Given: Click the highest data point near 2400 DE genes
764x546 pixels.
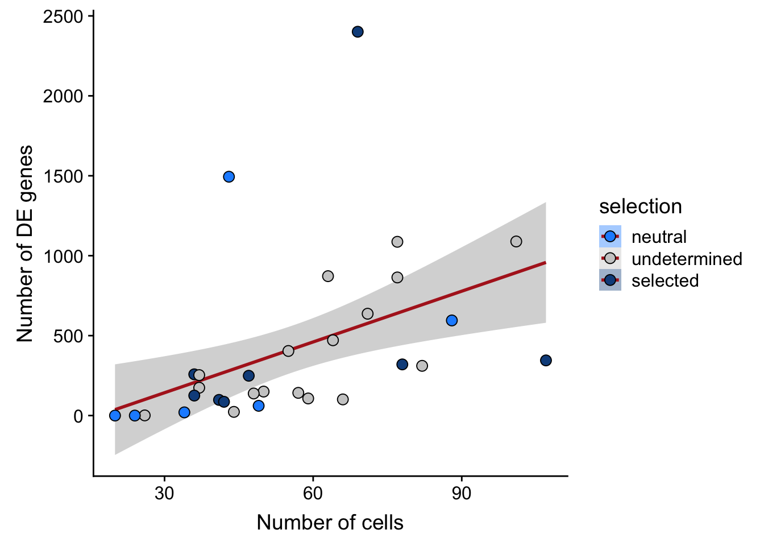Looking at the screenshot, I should [x=358, y=32].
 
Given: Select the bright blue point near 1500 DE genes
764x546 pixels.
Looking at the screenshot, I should [x=229, y=177].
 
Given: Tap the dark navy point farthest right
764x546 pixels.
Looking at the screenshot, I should [x=546, y=361].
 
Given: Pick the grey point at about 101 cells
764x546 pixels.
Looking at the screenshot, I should [x=516, y=242].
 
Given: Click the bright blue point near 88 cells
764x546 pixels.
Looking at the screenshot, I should [x=452, y=321].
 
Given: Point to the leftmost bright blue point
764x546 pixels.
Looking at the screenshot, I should [x=115, y=416].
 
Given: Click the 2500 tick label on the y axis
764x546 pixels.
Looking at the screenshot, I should [x=63, y=17].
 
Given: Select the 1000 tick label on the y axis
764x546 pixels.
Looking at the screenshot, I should [x=63, y=257].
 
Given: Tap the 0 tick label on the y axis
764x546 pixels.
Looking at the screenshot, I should [x=78, y=416].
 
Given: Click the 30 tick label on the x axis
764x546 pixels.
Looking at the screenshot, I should [x=164, y=493].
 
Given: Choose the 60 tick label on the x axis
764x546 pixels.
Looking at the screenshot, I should [x=313, y=493].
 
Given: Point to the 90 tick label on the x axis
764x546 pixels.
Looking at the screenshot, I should [x=461, y=493].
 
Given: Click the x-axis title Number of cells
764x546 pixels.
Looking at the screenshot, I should [x=330, y=522].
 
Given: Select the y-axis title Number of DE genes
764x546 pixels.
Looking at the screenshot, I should [x=24, y=244].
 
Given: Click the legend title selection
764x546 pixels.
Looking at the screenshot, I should [x=640, y=206].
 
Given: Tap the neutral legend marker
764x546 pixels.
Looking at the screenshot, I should [x=610, y=237].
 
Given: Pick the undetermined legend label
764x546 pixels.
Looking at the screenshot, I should [x=687, y=259].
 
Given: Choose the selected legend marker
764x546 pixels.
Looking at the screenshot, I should [x=610, y=280].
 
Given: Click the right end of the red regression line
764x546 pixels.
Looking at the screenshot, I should [x=546, y=262].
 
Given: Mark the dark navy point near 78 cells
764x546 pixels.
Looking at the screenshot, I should [x=402, y=365].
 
